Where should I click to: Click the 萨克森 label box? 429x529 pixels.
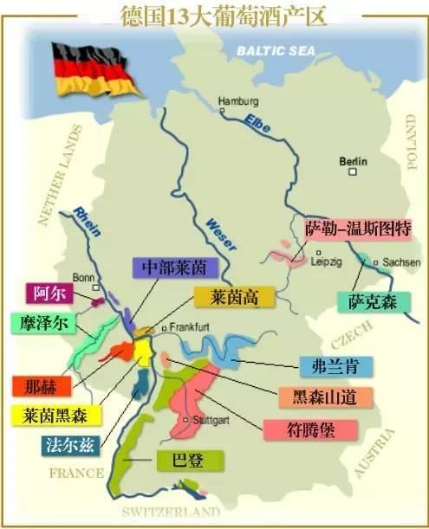pos(371,300)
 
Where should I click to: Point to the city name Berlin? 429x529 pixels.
pos(354,161)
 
